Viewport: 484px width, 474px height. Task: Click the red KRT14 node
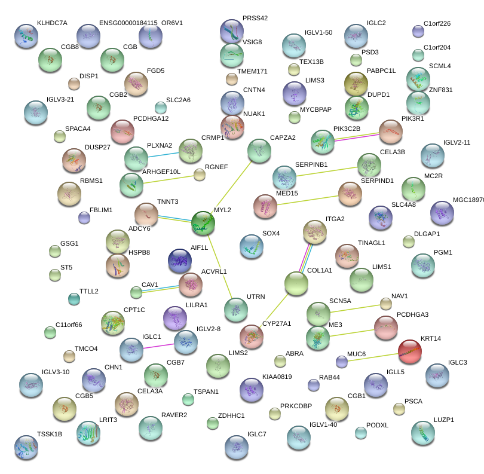[x=410, y=351]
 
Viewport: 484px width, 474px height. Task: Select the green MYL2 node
[x=203, y=222]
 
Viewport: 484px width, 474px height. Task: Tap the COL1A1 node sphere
[x=296, y=283]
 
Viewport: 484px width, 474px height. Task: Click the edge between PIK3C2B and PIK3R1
[x=357, y=137]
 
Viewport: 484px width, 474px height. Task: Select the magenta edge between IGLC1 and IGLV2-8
[x=158, y=345]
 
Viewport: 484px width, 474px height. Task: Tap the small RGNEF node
[x=200, y=175]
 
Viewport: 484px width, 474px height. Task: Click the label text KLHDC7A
[x=52, y=23]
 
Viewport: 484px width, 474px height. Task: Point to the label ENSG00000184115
[x=128, y=23]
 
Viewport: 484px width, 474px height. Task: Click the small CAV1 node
[x=136, y=292]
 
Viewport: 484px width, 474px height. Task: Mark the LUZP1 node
[x=423, y=433]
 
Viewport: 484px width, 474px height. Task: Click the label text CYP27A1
[x=276, y=324]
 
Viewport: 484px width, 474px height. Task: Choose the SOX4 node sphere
[x=252, y=246]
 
